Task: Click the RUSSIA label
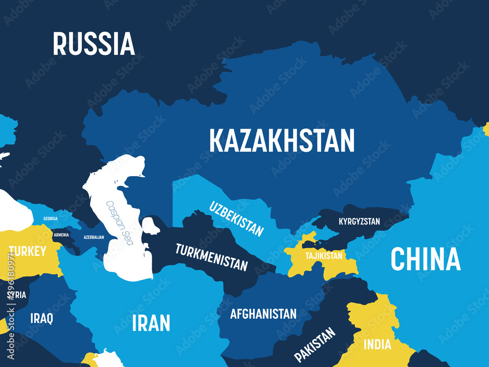(x=93, y=44)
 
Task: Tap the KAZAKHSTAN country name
(x=282, y=140)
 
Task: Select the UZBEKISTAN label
(x=237, y=219)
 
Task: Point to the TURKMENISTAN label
(x=211, y=257)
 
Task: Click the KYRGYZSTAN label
(x=359, y=222)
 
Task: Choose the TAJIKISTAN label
(x=324, y=256)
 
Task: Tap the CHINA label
(x=425, y=259)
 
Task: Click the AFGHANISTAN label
(x=263, y=314)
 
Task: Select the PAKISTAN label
(x=315, y=344)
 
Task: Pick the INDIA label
(x=377, y=344)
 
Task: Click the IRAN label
(x=151, y=323)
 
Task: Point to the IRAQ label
(x=42, y=319)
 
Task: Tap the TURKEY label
(x=27, y=252)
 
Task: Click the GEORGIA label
(x=50, y=218)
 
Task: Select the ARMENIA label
(x=61, y=235)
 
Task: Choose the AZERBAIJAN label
(x=93, y=237)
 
